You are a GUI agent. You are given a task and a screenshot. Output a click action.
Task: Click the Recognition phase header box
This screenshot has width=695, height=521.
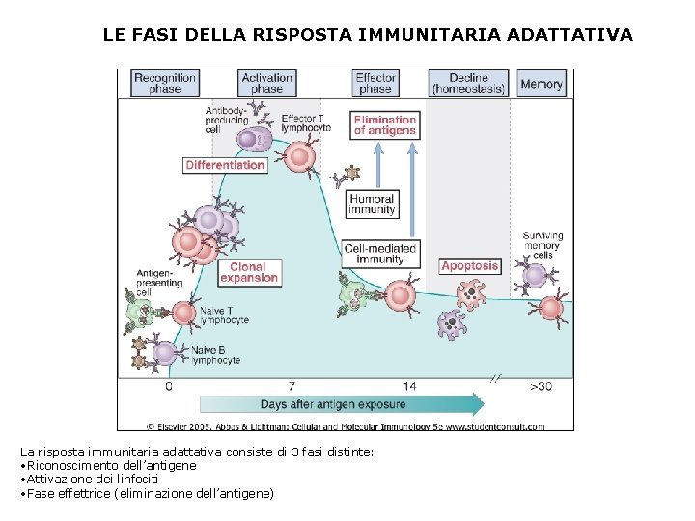click(164, 83)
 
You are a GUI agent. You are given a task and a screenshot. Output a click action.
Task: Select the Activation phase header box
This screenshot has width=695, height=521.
click(266, 83)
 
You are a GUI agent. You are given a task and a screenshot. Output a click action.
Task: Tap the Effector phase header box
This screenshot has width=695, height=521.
click(375, 83)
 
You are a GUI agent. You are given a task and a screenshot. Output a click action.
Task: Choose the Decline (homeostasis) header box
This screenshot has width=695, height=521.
click(468, 83)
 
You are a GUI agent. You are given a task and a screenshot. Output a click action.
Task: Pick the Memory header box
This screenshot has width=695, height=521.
click(541, 83)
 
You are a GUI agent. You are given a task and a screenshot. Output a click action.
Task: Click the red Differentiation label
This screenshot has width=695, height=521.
click(225, 165)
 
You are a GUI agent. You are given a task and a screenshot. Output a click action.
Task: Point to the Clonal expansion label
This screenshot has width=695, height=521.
click(249, 272)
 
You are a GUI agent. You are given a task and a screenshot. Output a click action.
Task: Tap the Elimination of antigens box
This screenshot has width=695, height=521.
click(384, 125)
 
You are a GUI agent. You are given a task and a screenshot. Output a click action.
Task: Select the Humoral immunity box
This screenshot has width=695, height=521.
click(372, 205)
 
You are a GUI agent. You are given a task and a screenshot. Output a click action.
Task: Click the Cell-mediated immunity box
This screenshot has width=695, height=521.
click(380, 254)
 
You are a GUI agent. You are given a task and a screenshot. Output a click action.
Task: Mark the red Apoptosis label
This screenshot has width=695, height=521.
click(470, 265)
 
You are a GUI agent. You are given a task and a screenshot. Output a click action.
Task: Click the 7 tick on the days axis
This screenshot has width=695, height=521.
click(292, 386)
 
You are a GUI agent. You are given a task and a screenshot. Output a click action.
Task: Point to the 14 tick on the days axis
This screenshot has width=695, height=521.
click(410, 386)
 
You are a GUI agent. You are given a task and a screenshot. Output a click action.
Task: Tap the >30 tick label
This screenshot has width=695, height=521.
click(541, 386)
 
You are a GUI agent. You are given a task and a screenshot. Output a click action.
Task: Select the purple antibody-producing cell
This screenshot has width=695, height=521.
click(250, 140)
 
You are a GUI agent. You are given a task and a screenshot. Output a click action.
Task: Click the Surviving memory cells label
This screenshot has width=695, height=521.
click(542, 245)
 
